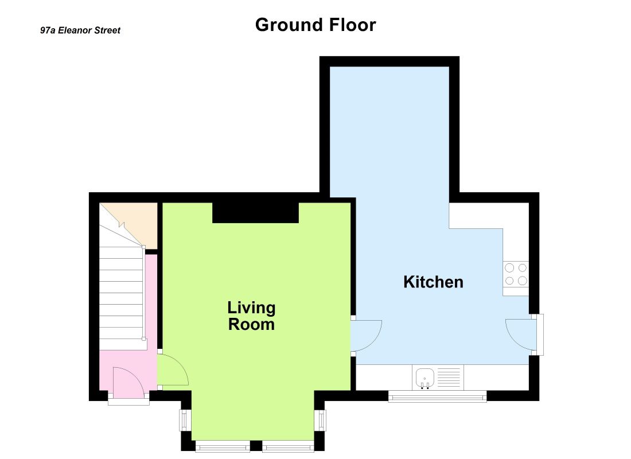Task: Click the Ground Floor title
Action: [x=315, y=25]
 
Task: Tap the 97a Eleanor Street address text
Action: [x=80, y=30]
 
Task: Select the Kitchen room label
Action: [x=433, y=282]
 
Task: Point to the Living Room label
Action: [x=251, y=316]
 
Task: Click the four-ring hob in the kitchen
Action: [x=516, y=274]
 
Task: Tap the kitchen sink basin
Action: [x=424, y=378]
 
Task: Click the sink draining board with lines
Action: [x=449, y=378]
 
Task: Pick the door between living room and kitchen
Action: [x=366, y=336]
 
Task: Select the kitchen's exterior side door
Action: [x=521, y=334]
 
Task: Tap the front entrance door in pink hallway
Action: [x=128, y=382]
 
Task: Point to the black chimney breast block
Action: [x=255, y=213]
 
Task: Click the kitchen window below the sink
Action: [x=438, y=396]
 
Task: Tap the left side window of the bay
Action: [x=185, y=421]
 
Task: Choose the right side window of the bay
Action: [x=320, y=421]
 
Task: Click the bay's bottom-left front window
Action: [x=223, y=446]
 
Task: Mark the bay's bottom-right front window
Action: [x=288, y=446]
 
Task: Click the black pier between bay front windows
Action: [x=256, y=446]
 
